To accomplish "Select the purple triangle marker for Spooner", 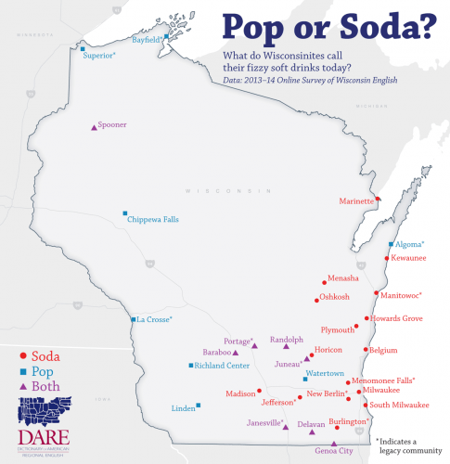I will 94,128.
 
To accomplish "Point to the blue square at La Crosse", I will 134,319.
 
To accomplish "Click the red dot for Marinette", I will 378,200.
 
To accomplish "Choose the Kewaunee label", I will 408,258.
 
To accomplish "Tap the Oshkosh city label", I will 334,297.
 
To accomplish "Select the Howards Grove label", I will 400,318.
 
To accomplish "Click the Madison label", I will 240,393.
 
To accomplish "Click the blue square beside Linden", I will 198,405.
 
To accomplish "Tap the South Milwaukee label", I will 399,405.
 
